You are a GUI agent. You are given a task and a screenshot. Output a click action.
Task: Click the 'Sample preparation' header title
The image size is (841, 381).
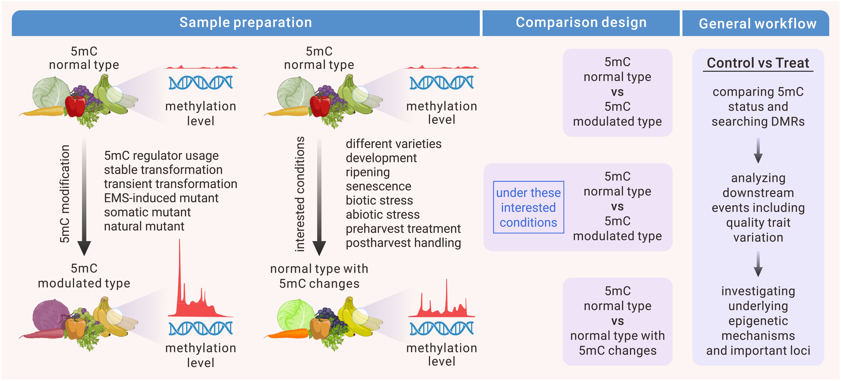[x=246, y=23]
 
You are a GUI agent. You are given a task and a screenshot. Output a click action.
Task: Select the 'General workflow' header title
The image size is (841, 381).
[x=757, y=23]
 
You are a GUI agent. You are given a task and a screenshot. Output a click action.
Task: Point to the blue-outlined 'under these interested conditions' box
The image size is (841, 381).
[x=528, y=207]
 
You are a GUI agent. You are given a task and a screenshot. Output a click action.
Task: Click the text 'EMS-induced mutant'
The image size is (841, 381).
[x=161, y=198]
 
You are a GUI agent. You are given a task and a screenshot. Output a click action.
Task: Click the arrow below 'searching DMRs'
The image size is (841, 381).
[x=758, y=151]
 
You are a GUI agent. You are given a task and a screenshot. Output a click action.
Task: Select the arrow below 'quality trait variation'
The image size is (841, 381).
[x=758, y=264]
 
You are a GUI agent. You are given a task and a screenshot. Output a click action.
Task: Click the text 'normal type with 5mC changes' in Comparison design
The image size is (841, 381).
[x=617, y=343]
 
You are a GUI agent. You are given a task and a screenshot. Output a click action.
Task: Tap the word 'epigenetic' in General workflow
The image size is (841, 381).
[x=758, y=321]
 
